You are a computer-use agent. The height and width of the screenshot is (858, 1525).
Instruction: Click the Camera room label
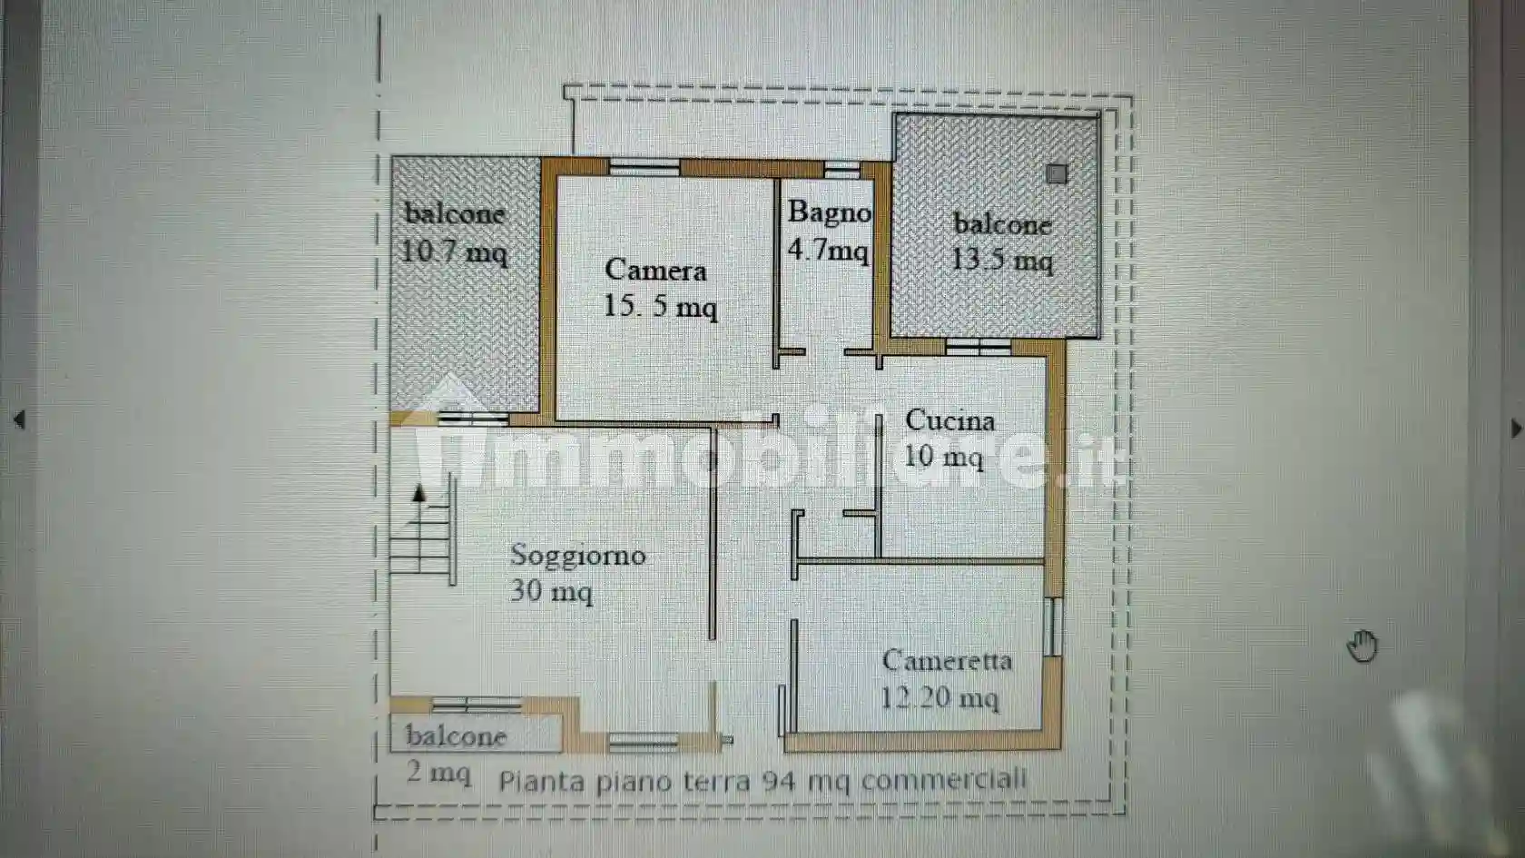pos(655,270)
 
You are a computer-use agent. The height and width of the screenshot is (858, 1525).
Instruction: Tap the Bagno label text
pos(829,212)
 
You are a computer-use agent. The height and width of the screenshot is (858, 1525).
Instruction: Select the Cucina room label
pos(949,420)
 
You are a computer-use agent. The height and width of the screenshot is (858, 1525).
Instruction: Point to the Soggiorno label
pos(577,555)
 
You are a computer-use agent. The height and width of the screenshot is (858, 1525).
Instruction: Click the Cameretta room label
pos(947,660)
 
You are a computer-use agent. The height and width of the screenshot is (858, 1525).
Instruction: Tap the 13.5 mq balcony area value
pos(1001,261)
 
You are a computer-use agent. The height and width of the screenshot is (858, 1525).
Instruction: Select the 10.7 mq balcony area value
pos(454,251)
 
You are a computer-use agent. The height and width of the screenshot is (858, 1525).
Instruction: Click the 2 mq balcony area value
pos(438,773)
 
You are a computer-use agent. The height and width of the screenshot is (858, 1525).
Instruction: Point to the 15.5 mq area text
pos(660,306)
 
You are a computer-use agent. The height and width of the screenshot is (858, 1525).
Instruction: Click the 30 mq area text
pos(551,591)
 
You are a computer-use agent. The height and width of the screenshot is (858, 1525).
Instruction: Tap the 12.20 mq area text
pos(940,697)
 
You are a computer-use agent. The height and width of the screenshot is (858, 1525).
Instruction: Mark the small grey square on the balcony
pos(1056,173)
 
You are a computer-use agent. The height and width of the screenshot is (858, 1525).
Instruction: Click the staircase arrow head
pos(418,493)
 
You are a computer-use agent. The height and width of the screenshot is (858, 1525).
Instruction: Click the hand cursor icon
pos(1363,646)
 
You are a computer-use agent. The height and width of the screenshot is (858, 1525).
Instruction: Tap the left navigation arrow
pos(19,419)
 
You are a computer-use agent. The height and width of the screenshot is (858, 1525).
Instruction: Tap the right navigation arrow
pos(1515,429)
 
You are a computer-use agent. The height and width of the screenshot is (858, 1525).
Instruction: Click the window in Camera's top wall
pos(644,167)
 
